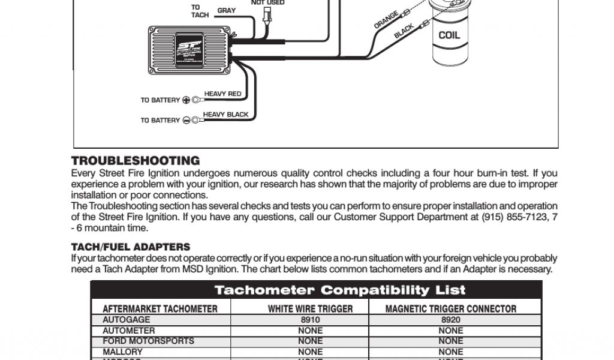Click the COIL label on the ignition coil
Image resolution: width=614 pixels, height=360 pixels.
click(x=449, y=35)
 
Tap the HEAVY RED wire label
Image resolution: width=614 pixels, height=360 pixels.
click(x=222, y=94)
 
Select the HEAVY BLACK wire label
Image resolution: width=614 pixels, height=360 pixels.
click(x=225, y=115)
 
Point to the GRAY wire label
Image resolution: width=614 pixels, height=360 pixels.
click(x=226, y=11)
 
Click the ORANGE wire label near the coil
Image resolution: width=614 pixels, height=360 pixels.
click(x=387, y=19)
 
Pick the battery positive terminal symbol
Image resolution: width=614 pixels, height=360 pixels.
click(x=186, y=100)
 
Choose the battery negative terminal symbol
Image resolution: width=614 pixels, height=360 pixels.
click(x=186, y=121)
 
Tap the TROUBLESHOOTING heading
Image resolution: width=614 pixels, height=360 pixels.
click(x=136, y=161)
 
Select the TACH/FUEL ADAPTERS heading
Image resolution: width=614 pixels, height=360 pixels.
click(x=131, y=247)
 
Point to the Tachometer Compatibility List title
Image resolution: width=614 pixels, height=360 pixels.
click(x=340, y=290)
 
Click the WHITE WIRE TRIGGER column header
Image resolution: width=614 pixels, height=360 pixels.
click(x=310, y=309)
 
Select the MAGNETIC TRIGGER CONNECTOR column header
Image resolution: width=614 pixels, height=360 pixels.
click(x=450, y=309)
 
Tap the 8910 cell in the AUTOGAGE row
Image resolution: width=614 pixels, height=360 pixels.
click(x=310, y=320)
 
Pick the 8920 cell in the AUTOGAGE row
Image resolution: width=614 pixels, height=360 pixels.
click(x=450, y=320)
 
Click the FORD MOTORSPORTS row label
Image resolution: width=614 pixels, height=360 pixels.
click(x=148, y=341)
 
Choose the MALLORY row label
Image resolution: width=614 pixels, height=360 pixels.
click(x=122, y=352)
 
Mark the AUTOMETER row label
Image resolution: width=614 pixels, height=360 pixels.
click(x=128, y=331)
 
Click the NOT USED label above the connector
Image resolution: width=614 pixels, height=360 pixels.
click(x=267, y=3)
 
